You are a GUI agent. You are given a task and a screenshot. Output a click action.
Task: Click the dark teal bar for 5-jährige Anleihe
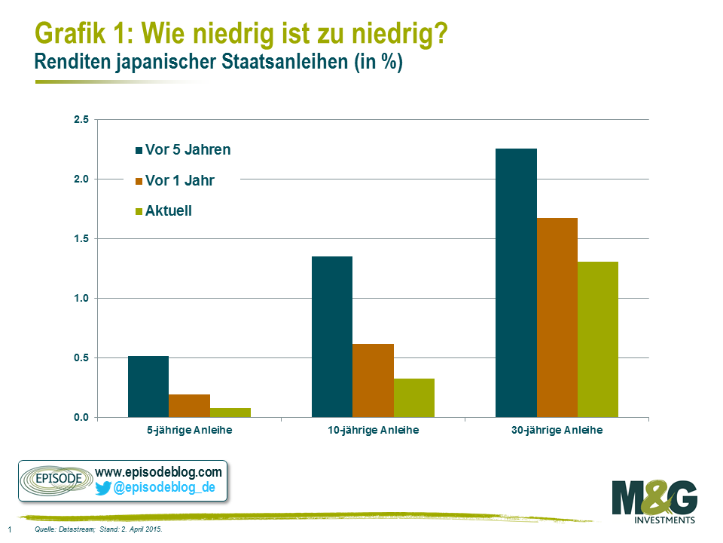(148, 386)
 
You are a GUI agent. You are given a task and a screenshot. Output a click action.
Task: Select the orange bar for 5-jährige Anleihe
(189, 406)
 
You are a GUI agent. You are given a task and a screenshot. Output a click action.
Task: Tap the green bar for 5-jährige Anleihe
(230, 413)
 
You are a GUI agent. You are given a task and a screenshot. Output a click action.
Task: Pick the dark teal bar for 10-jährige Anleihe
(332, 336)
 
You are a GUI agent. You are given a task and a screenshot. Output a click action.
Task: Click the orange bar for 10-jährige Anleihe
(373, 380)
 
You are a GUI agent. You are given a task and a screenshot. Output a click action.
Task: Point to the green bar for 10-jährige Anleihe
(414, 397)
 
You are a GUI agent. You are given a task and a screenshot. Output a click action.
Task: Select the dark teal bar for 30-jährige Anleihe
(516, 283)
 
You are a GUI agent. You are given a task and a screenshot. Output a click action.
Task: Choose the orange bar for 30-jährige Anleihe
(557, 318)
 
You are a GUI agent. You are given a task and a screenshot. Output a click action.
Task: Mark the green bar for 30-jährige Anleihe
(598, 339)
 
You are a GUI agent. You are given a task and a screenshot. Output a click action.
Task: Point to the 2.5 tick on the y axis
(81, 120)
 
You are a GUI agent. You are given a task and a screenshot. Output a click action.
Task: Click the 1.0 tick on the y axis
(81, 299)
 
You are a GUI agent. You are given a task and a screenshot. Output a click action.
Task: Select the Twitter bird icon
(103, 488)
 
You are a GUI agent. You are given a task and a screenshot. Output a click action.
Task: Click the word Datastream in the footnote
(73, 530)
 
